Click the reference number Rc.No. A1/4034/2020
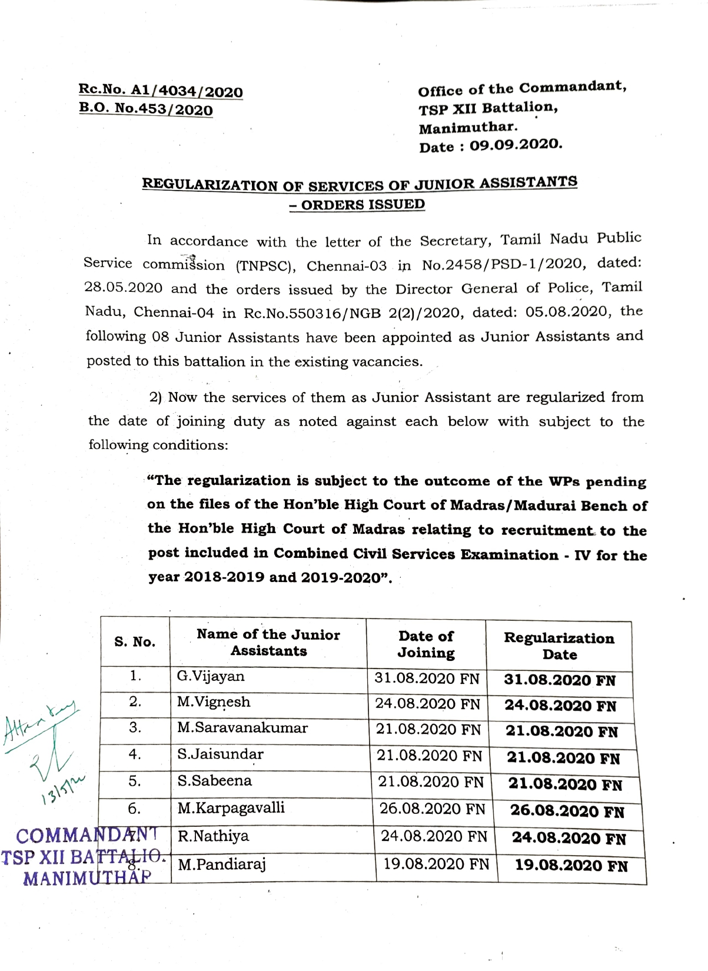tap(161, 91)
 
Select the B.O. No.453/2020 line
tap(146, 110)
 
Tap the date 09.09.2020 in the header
tap(516, 145)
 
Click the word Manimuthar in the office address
tap(468, 127)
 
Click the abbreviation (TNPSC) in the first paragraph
tap(265, 265)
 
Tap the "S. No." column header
tap(135, 642)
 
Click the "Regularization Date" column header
tap(559, 646)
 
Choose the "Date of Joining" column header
tap(426, 644)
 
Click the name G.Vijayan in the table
tap(211, 676)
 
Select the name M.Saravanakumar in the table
tap(242, 728)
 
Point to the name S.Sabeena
tap(215, 781)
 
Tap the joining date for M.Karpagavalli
tap(433, 809)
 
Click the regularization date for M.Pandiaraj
tap(571, 866)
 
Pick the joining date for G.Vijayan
tap(427, 679)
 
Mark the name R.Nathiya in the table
tap(213, 836)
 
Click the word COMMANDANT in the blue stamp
tap(87, 836)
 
